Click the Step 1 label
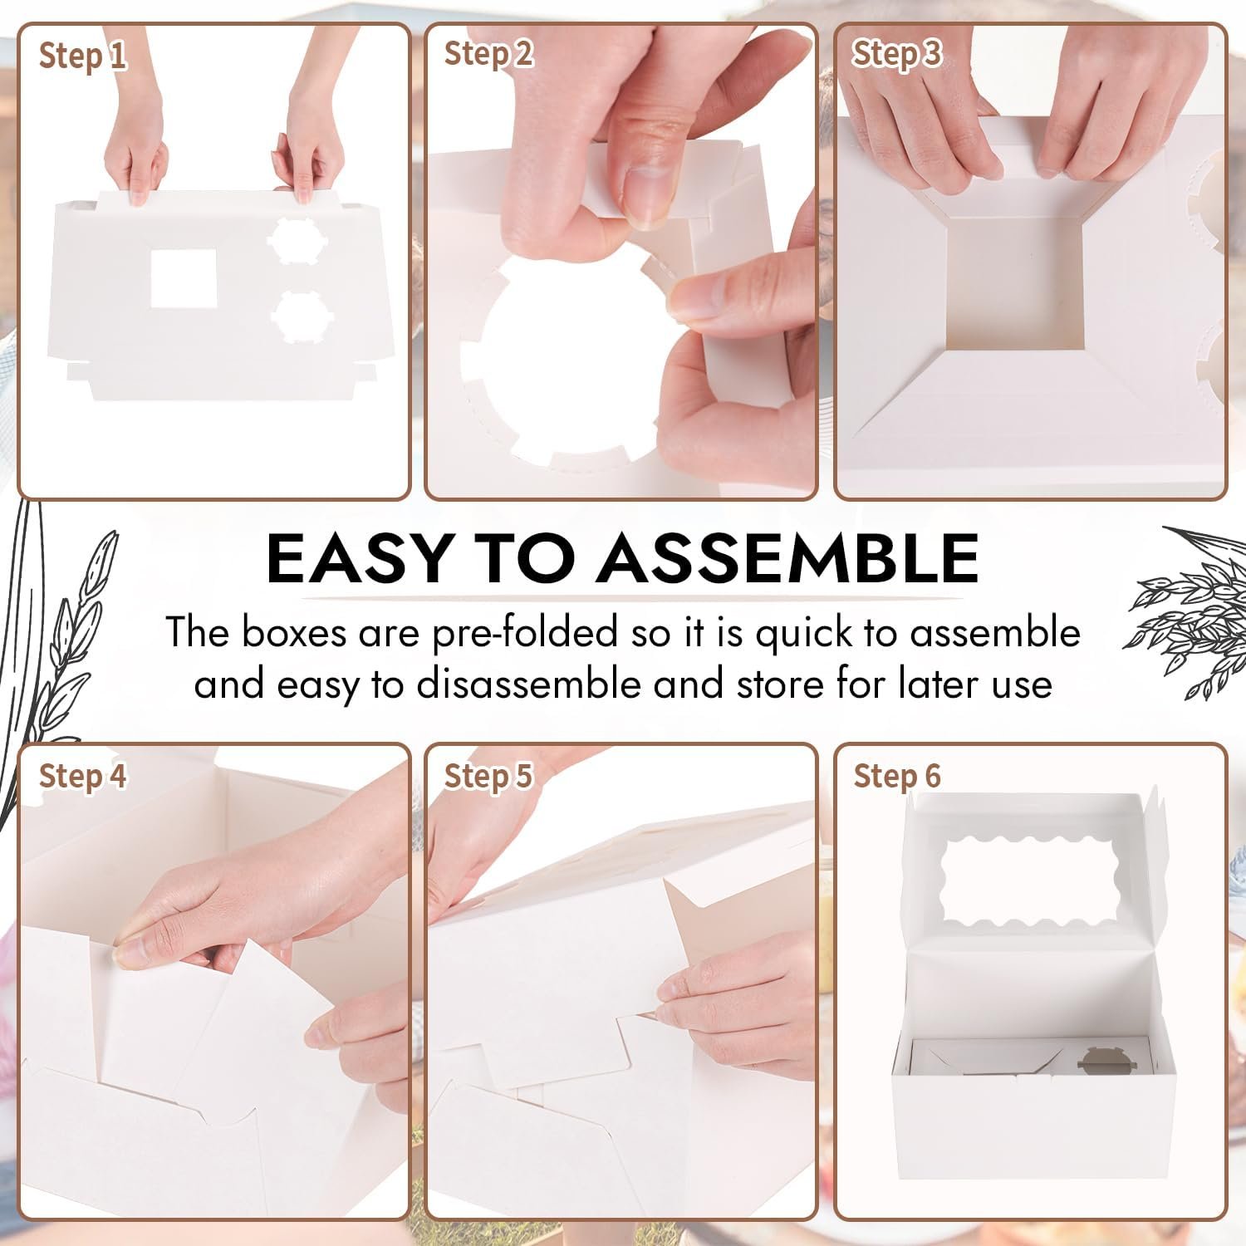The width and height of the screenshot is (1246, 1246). [x=82, y=56]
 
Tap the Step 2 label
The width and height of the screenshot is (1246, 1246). [x=488, y=54]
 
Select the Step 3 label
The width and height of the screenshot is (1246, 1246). [x=896, y=53]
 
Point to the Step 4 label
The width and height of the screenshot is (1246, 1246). [x=82, y=776]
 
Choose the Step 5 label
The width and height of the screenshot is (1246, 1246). [x=488, y=776]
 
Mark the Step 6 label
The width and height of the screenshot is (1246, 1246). [x=896, y=776]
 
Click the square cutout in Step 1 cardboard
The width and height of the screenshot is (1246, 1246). [x=184, y=277]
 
